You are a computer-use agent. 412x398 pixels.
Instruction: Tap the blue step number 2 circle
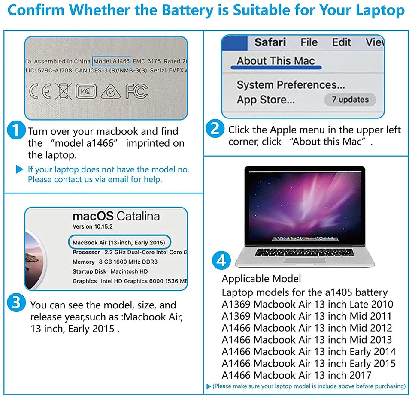pos(215,129)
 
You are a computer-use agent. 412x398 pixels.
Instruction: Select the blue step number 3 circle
pos(16,304)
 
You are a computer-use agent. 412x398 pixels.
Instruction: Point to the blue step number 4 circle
pos(222,260)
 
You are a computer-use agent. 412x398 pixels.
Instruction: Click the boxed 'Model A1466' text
pos(111,61)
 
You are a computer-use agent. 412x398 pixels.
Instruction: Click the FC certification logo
pos(136,91)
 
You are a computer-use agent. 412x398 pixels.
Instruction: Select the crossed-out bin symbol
pos(64,91)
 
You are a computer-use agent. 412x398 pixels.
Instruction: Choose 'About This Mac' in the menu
pos(276,61)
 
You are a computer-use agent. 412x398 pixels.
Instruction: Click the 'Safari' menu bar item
pos(270,42)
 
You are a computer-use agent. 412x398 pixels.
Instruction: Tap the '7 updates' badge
pos(350,99)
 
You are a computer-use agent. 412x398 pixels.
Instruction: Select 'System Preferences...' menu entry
pos(291,84)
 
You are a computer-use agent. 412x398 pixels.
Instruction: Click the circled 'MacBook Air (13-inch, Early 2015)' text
pos(120,242)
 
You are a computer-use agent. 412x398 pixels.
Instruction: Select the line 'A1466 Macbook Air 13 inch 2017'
pos(297,375)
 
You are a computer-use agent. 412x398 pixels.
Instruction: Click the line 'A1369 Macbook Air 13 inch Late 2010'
pos(307,305)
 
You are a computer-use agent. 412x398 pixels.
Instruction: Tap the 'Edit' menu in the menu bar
pos(342,42)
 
